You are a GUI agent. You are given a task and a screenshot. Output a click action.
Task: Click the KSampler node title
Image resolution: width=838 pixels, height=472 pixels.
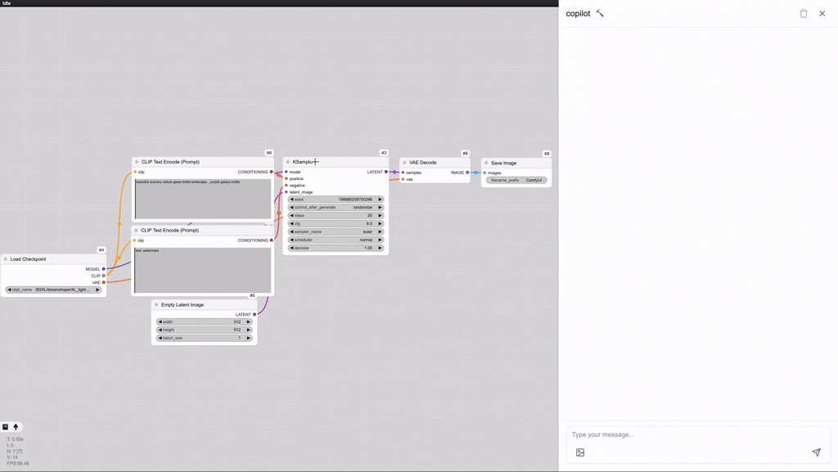point(304,162)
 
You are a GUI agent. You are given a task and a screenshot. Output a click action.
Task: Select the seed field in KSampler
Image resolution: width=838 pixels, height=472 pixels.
point(336,200)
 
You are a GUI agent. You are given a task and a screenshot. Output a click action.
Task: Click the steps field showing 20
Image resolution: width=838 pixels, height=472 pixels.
point(336,216)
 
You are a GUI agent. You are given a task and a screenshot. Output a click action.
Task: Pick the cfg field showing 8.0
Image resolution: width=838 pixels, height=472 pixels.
point(336,223)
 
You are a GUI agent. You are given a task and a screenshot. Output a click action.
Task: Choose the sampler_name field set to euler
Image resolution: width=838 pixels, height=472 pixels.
point(336,232)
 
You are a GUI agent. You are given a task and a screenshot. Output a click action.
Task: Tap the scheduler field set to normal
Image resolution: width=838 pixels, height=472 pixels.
point(336,240)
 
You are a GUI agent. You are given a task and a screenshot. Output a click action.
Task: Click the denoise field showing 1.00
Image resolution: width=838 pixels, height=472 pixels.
point(336,248)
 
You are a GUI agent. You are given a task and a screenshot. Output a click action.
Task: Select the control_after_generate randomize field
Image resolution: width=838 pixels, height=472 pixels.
point(336,208)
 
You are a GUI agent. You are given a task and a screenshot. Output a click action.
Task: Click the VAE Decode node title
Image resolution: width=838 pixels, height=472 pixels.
point(423,163)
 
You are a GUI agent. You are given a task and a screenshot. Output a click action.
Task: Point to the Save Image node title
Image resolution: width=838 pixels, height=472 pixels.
point(504,163)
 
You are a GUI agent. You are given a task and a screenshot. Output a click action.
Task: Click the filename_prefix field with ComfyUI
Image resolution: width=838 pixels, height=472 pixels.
point(516,180)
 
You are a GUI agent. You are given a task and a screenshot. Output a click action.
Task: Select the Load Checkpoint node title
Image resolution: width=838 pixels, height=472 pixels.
point(29,259)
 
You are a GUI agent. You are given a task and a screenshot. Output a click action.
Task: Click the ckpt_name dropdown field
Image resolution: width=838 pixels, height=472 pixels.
point(53,290)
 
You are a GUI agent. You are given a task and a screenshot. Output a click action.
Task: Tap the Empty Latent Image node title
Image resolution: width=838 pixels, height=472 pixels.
point(182,305)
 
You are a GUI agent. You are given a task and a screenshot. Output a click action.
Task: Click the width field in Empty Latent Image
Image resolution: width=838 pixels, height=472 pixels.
point(204,322)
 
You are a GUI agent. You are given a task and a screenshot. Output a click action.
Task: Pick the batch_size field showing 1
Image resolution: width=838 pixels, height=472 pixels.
point(204,338)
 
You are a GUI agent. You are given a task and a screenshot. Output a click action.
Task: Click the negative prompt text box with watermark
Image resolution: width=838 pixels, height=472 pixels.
point(203,270)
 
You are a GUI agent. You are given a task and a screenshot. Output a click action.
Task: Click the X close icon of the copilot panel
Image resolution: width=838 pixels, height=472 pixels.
point(822,14)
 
